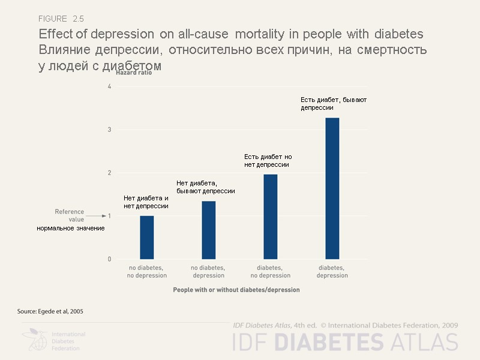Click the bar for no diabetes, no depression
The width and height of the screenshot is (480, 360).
point(147,238)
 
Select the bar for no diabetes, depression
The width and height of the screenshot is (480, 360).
point(208,230)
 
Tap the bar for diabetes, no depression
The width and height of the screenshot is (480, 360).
point(270,217)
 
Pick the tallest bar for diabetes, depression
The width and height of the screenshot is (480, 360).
point(332,188)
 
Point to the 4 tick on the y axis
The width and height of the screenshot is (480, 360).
point(109,86)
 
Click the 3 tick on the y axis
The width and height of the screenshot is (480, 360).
point(109,130)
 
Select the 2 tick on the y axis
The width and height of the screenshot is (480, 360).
point(109,173)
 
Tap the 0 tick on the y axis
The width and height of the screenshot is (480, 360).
point(109,259)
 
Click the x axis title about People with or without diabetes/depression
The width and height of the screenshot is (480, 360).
point(236,289)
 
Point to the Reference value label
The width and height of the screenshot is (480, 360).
point(69,215)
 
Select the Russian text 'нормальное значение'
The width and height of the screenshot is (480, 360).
point(70,228)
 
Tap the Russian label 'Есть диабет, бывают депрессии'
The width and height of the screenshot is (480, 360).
point(334,103)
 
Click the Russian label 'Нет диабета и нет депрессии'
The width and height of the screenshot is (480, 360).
point(146,202)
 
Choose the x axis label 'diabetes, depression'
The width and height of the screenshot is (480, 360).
point(332,271)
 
